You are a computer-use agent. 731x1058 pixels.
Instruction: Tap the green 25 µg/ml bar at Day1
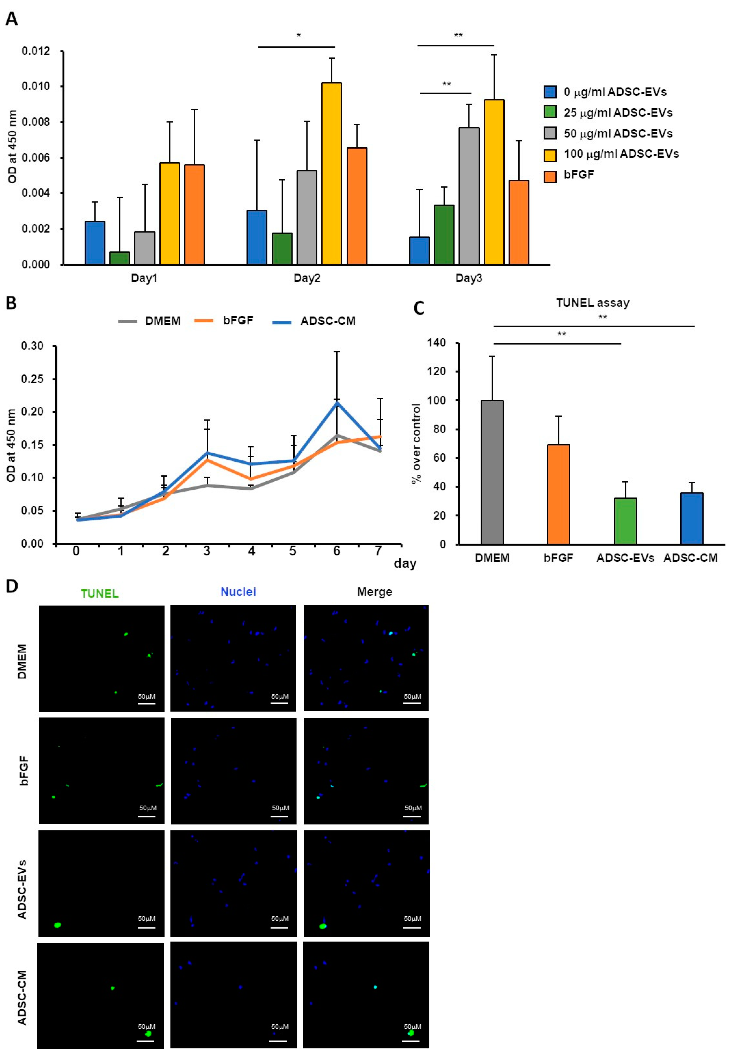click(x=120, y=258)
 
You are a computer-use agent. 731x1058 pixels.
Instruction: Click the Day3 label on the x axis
click(x=468, y=278)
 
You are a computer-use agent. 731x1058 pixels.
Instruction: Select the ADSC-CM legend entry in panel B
click(x=327, y=321)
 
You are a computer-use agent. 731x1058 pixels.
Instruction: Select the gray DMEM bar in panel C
click(x=492, y=472)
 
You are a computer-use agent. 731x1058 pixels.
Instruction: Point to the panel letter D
click(x=11, y=586)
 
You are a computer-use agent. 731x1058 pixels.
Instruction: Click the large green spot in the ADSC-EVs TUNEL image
click(x=57, y=925)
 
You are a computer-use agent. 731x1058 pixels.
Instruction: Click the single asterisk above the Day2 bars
click(x=299, y=35)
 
